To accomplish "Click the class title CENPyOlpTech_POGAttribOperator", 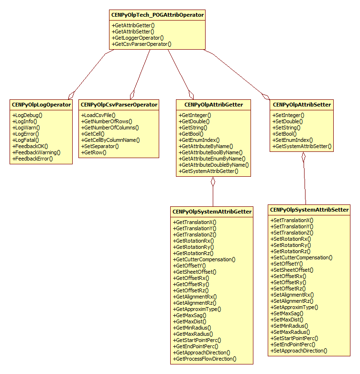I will [157, 15].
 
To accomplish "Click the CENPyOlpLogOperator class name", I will [41, 104].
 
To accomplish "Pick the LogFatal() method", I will [26, 140].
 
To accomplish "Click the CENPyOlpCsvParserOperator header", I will [119, 104].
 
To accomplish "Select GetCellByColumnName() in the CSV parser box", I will [110, 140].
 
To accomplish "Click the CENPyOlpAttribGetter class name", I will [213, 104].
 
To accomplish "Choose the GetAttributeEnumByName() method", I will [212, 159].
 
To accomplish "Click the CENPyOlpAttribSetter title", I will [301, 104].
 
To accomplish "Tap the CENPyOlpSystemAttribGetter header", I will [212, 211].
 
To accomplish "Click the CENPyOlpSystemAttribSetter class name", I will [309, 210].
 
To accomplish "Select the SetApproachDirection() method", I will [299, 351].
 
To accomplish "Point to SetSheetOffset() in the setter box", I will [292, 270].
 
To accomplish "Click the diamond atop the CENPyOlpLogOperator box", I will [71, 94].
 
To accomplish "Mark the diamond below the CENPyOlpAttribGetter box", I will [213, 182].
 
